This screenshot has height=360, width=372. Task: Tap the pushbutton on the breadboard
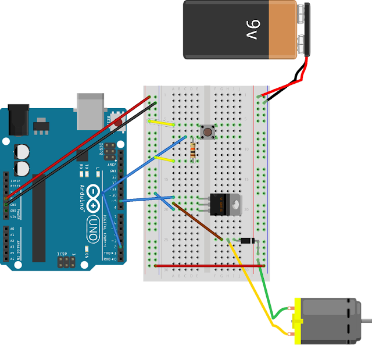pyautogui.click(x=206, y=132)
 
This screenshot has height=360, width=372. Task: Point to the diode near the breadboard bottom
pyautogui.click(x=247, y=240)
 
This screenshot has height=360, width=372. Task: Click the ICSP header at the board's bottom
pyautogui.click(x=66, y=263)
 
